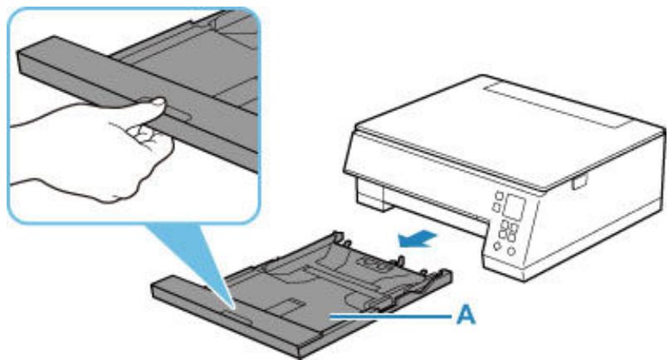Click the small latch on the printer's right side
[x=579, y=182]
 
